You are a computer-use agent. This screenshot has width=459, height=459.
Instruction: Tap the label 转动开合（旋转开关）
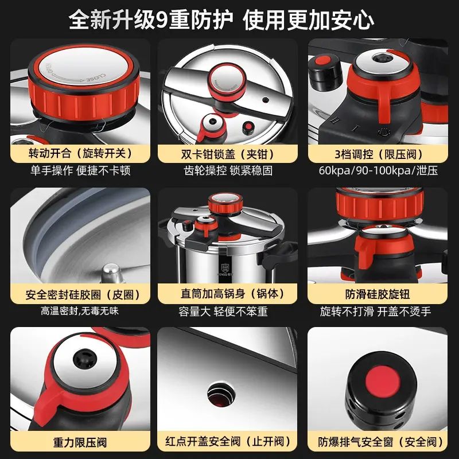pyautogui.click(x=80, y=153)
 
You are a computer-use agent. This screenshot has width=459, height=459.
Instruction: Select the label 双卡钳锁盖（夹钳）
pyautogui.click(x=227, y=154)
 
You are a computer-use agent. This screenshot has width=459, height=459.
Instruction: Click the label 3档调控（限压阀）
pyautogui.click(x=378, y=154)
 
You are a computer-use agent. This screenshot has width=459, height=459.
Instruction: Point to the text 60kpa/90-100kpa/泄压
pyautogui.click(x=378, y=170)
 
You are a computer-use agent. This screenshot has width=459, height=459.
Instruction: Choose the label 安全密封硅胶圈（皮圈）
pyautogui.click(x=80, y=294)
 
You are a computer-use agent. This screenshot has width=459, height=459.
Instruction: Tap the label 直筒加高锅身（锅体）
pyautogui.click(x=227, y=294)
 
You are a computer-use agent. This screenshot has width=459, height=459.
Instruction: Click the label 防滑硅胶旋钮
pyautogui.click(x=378, y=294)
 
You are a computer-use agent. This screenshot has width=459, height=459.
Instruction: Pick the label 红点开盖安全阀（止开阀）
pyautogui.click(x=227, y=441)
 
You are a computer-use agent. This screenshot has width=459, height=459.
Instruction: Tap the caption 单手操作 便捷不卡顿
pyautogui.click(x=80, y=170)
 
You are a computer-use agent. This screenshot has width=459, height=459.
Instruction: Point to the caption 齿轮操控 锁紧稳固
pyautogui.click(x=228, y=170)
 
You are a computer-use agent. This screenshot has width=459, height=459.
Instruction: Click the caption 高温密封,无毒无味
pyautogui.click(x=80, y=311)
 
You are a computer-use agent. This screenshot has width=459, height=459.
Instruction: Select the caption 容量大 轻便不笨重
pyautogui.click(x=223, y=312)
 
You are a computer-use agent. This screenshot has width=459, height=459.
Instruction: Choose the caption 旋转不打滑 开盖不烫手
pyautogui.click(x=375, y=312)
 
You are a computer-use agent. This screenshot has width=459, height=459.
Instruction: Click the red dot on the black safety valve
pyautogui.click(x=382, y=380)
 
